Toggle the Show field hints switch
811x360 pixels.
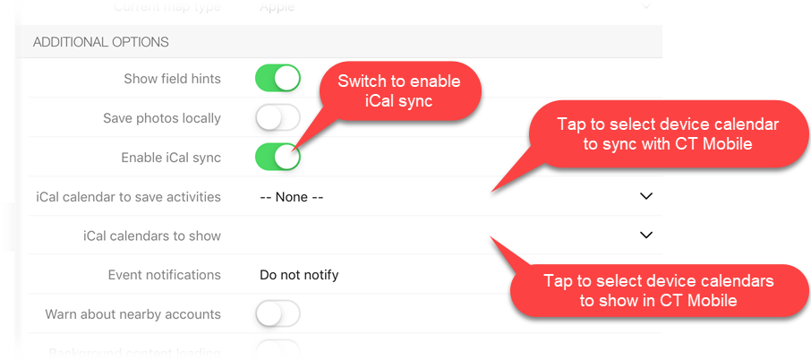click(277, 78)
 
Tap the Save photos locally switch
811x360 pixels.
click(277, 117)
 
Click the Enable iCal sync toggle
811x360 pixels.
click(277, 157)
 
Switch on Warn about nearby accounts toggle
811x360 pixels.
click(277, 314)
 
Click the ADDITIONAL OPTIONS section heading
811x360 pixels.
click(101, 42)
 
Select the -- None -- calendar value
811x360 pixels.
click(291, 197)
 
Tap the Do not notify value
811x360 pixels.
click(299, 275)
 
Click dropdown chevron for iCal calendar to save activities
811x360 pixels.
click(646, 196)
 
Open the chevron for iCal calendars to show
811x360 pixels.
click(646, 236)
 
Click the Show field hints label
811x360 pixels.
click(172, 79)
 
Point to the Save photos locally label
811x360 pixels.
click(162, 118)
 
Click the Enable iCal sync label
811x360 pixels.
click(171, 158)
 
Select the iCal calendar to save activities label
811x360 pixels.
click(128, 197)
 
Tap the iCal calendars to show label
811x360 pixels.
click(151, 236)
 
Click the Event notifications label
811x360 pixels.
click(164, 275)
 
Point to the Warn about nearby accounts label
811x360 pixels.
click(132, 314)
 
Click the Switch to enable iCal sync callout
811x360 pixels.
click(399, 91)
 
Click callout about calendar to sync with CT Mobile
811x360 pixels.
click(668, 133)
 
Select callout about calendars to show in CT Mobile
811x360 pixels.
click(658, 290)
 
